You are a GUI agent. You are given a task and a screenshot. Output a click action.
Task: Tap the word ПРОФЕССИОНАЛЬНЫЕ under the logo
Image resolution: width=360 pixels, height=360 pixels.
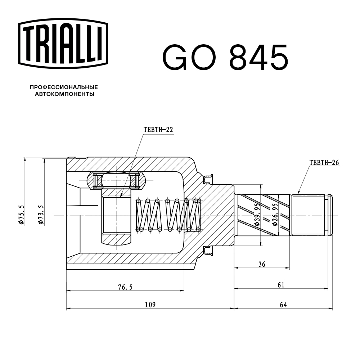click(x=64, y=87)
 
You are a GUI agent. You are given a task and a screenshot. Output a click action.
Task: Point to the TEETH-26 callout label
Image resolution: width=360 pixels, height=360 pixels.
click(x=324, y=162)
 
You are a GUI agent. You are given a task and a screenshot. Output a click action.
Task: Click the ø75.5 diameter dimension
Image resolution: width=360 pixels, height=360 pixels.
click(x=22, y=215)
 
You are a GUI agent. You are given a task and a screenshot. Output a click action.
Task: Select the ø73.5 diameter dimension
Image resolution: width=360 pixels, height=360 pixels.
click(x=41, y=215)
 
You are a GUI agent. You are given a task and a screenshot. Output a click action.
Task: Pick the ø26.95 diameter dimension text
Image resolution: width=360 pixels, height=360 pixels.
click(x=275, y=215)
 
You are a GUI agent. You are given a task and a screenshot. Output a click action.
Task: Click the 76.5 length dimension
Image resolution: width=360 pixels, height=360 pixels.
click(x=125, y=287)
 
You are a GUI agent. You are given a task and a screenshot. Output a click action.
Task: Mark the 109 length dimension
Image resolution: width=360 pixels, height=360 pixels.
click(x=150, y=305)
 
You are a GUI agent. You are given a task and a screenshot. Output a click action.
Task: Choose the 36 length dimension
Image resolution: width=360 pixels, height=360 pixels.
click(x=262, y=264)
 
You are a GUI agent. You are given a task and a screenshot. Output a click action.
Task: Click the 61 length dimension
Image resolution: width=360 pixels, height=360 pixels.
click(x=281, y=285)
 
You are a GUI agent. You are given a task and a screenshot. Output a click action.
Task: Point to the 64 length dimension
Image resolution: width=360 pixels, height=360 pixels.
click(x=283, y=305)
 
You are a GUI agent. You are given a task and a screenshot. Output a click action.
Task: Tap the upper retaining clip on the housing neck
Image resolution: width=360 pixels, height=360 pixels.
click(x=208, y=179)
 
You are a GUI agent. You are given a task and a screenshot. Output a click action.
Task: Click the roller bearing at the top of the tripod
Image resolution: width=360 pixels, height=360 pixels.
click(x=116, y=180)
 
